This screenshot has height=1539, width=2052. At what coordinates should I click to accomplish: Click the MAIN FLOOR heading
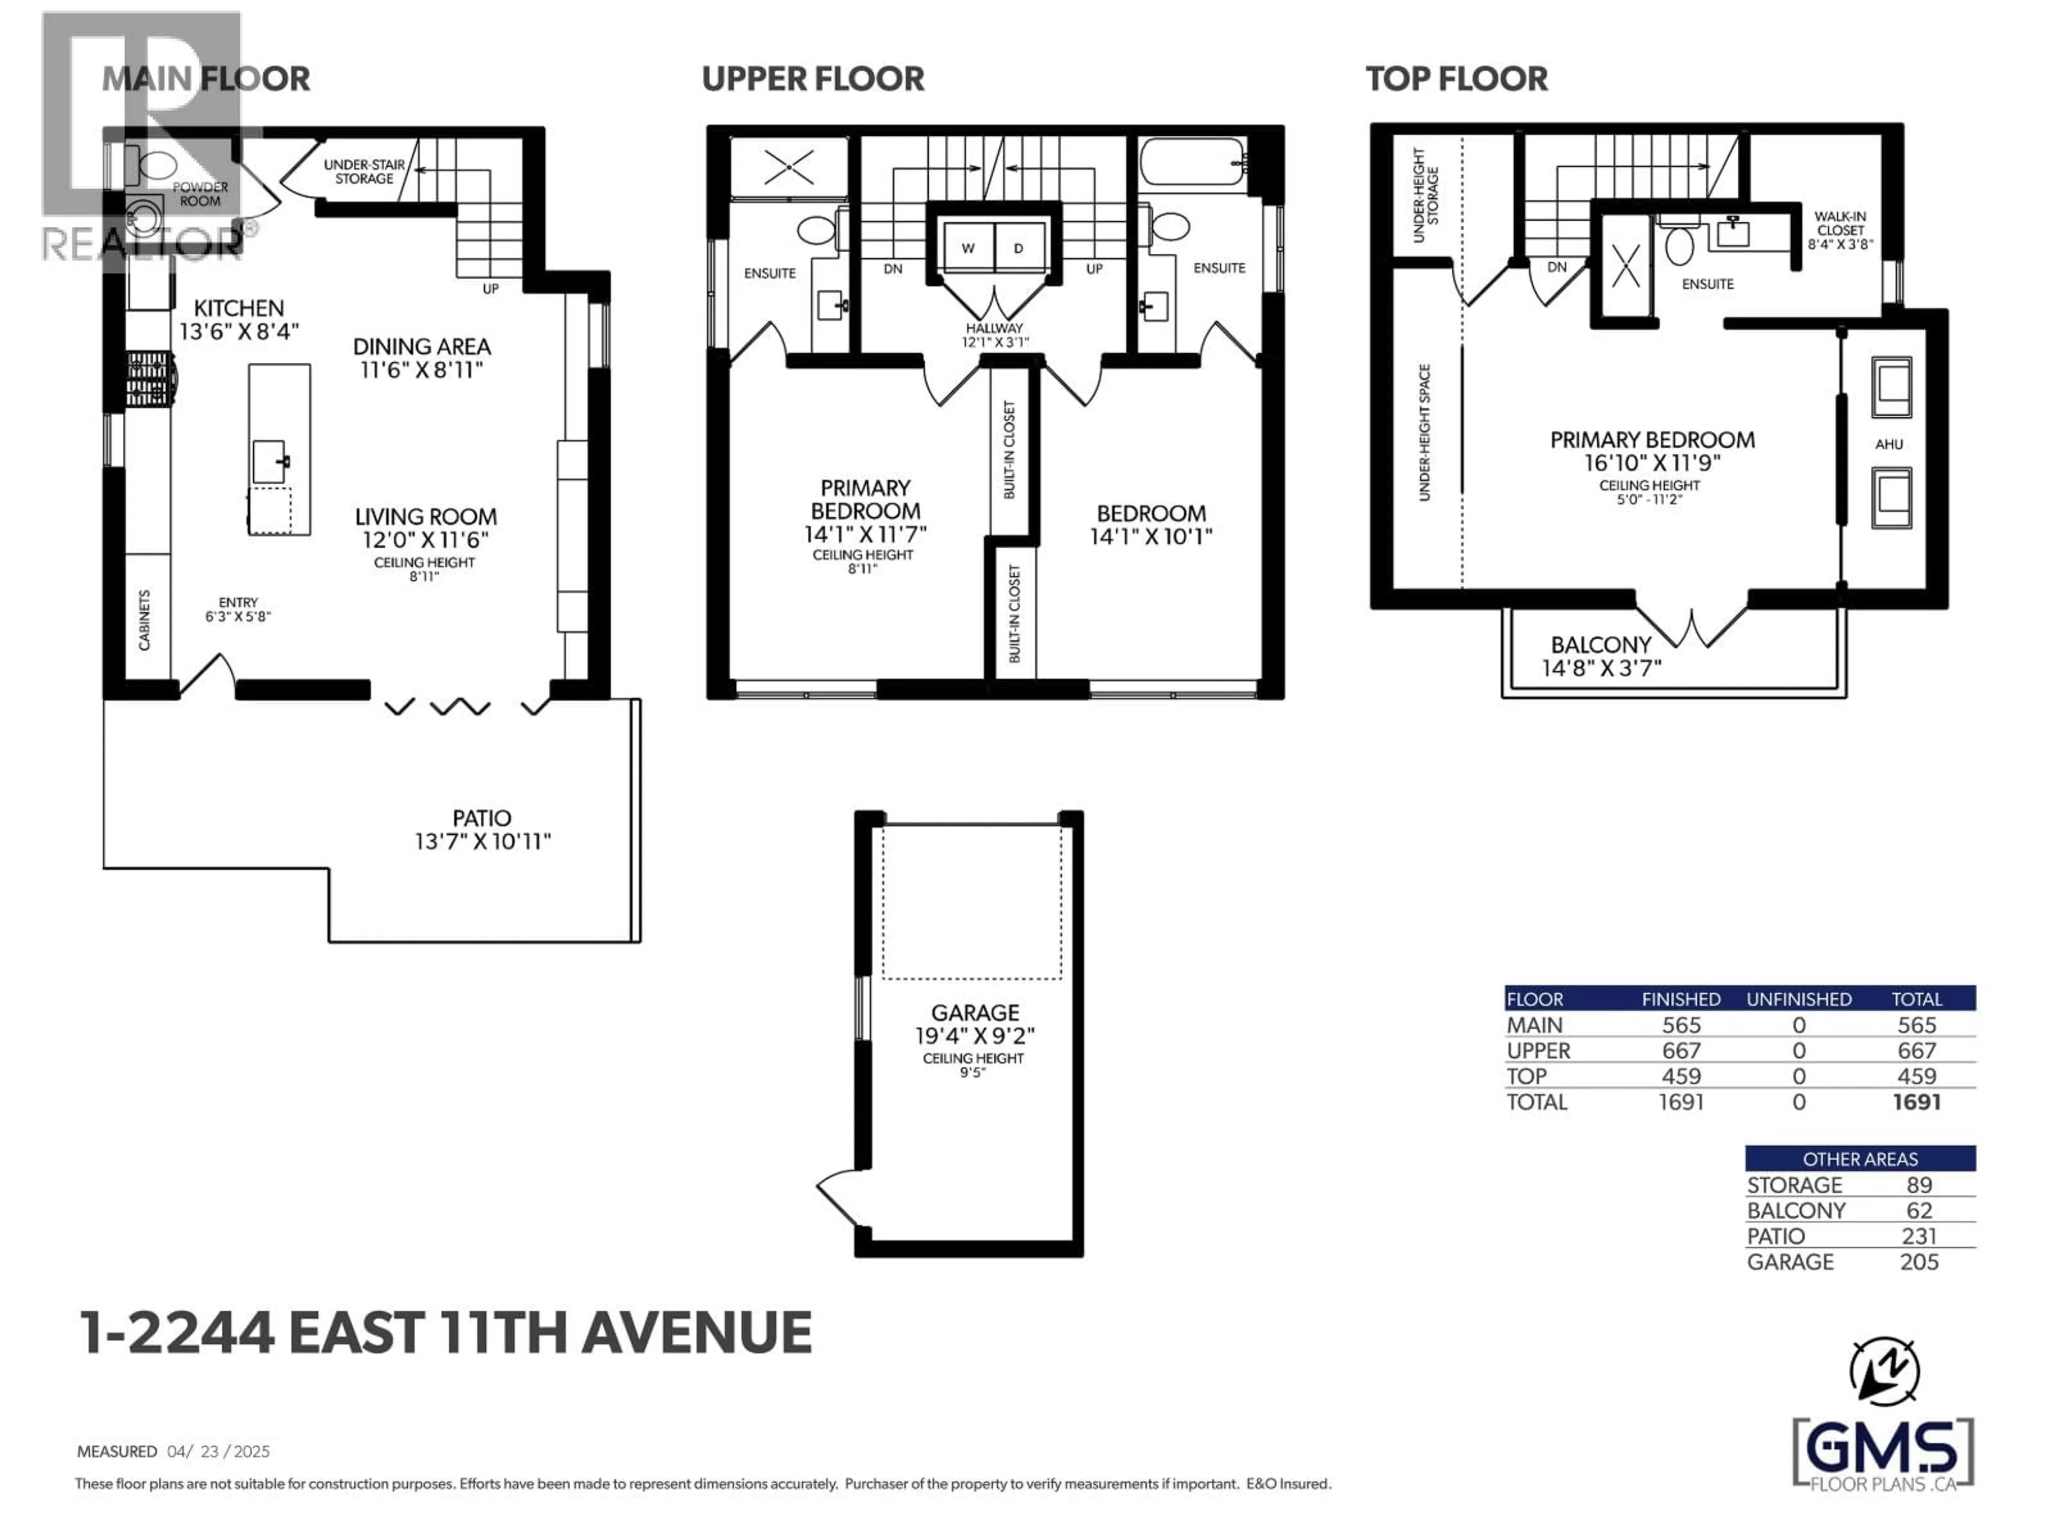pyautogui.click(x=205, y=79)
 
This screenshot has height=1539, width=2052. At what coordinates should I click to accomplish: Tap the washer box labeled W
pyautogui.click(x=968, y=248)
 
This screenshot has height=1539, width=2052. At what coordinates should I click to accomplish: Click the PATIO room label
pyautogui.click(x=481, y=818)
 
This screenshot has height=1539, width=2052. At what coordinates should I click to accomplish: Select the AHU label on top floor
pyautogui.click(x=1888, y=445)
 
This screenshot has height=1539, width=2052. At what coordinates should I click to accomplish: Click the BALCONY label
pyautogui.click(x=1601, y=645)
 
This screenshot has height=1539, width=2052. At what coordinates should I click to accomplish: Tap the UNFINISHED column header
pyautogui.click(x=1799, y=999)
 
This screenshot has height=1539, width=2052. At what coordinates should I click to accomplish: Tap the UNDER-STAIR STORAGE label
pyautogui.click(x=364, y=172)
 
